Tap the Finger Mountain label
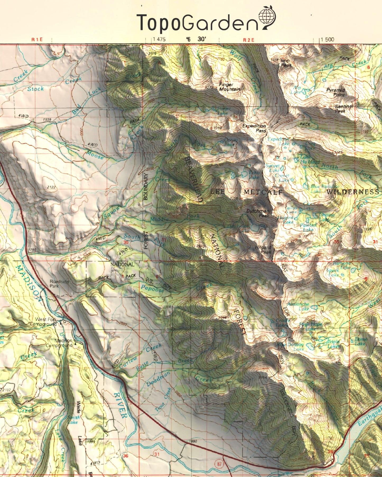[229, 87]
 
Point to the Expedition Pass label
[254, 128]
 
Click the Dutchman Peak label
[258, 213]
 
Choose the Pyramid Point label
[335, 92]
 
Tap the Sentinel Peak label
[344, 109]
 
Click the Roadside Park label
[59, 284]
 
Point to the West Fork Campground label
[43, 322]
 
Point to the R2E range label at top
[248, 40]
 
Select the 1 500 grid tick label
[327, 40]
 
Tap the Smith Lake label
[73, 420]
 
